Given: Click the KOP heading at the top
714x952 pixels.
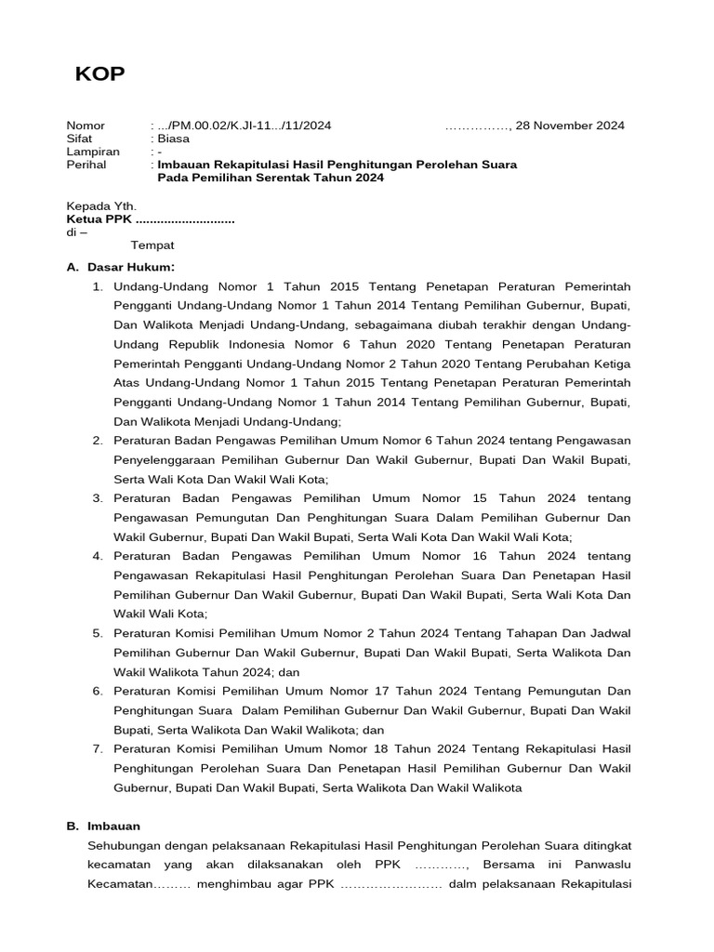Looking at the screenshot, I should [x=99, y=75].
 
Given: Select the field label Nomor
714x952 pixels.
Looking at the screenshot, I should [x=86, y=126].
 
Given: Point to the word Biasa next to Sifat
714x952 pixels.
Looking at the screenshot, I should [x=174, y=139].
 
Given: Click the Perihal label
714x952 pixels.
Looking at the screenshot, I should [x=86, y=165].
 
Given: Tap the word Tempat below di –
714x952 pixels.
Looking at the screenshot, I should [x=152, y=245].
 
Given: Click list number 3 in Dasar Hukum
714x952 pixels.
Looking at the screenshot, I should [x=97, y=498].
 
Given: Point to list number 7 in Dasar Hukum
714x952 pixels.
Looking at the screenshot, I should [x=97, y=748].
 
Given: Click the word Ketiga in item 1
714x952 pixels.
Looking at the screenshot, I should [x=610, y=363].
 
